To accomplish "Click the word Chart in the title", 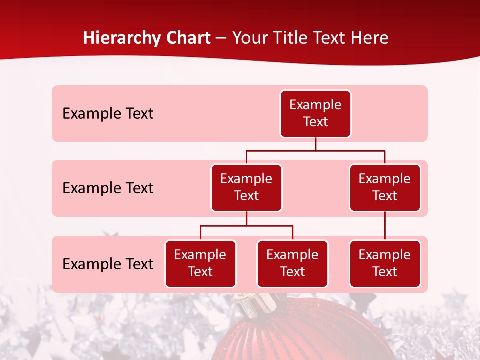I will point(188,38).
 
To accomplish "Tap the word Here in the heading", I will point(369,38).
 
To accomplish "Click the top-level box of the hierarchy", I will point(315,114).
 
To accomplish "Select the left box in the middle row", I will point(246,188).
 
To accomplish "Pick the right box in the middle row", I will point(385,188).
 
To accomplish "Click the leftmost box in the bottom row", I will point(200,264).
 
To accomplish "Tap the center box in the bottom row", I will point(292,264).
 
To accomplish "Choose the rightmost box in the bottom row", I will point(385,264).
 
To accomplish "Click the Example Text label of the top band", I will point(108,114).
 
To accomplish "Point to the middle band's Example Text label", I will point(108,188).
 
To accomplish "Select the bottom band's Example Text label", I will point(108,264).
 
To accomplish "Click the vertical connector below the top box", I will point(315,144).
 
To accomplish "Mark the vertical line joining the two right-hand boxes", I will point(385,226).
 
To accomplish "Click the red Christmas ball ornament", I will point(310,335).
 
